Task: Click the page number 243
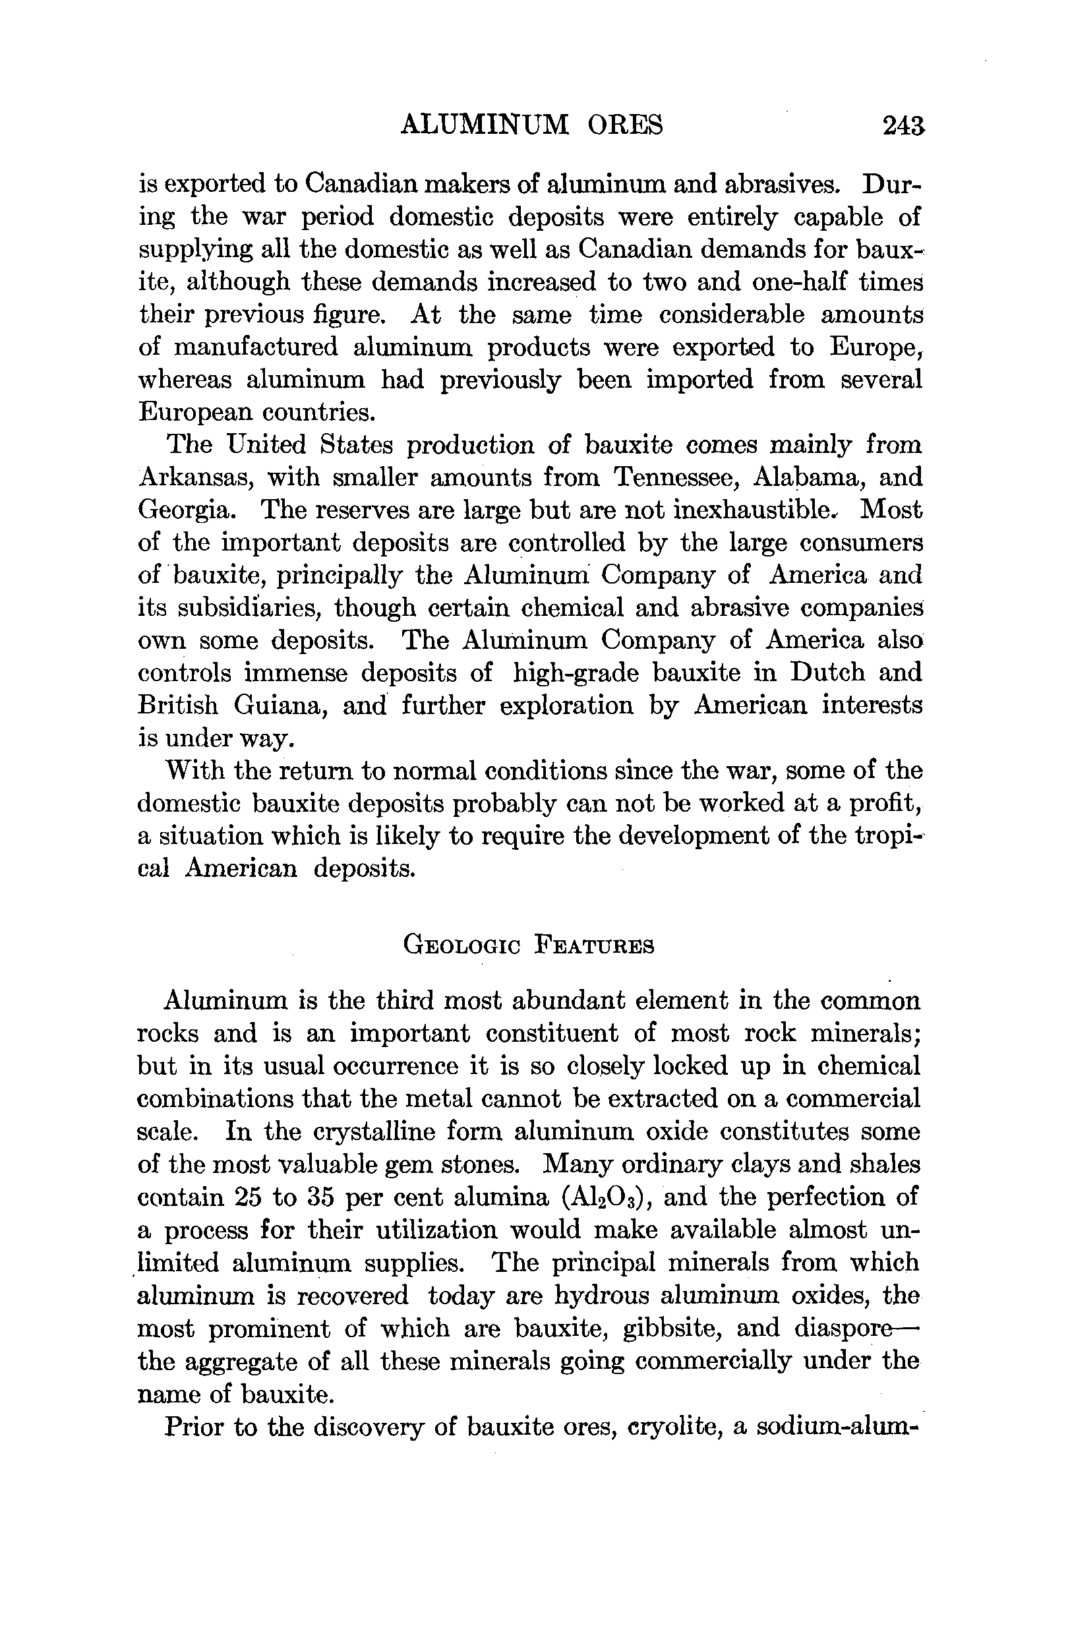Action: coord(904,125)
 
